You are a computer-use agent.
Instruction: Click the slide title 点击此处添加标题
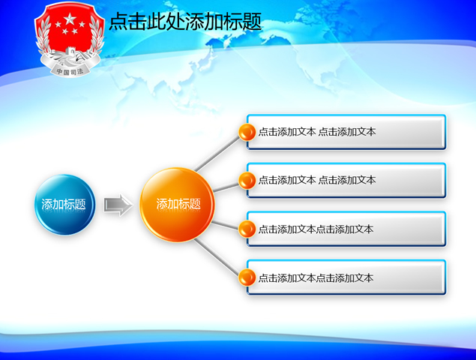(185, 22)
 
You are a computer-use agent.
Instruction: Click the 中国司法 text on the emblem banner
(67, 71)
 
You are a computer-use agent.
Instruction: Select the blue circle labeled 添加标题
(64, 204)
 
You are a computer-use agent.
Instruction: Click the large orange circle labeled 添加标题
(177, 204)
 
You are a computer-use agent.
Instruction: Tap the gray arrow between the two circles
(117, 204)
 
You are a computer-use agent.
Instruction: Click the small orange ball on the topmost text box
(247, 133)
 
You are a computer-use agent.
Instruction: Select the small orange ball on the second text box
(247, 181)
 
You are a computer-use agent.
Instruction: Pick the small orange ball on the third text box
(247, 229)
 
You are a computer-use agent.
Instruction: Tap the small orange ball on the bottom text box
(247, 277)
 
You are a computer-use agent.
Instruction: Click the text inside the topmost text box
(317, 132)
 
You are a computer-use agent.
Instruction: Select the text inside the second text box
(317, 180)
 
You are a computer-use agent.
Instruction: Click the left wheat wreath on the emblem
(46, 37)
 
